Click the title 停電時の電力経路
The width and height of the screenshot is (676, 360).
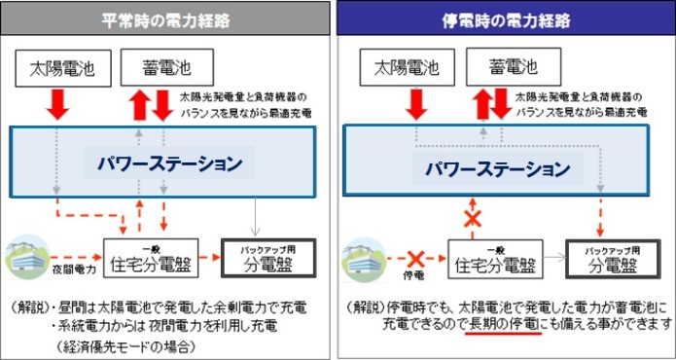pos(504,19)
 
